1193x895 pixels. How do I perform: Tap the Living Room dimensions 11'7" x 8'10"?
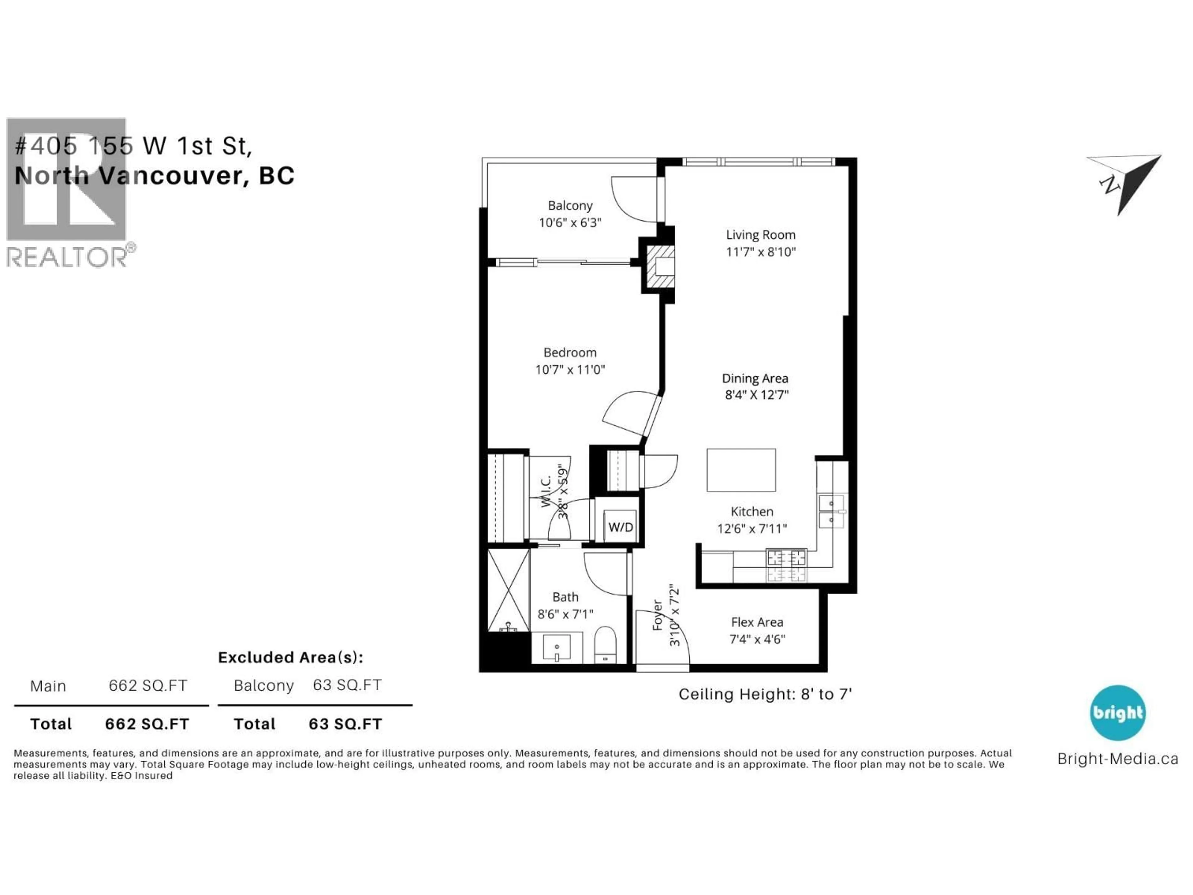pos(761,252)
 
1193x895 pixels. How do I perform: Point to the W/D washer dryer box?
pos(620,526)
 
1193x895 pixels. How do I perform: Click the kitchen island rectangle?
pos(741,470)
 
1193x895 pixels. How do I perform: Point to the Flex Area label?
pos(757,622)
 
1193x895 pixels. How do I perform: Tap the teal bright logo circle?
pos(1118,713)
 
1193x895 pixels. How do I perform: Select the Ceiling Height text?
pos(765,694)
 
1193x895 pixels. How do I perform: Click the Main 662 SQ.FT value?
pos(148,686)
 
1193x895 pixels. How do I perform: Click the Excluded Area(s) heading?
pos(290,657)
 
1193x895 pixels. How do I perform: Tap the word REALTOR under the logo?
pos(67,257)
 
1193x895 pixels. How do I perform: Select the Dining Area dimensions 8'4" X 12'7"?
pos(756,395)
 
